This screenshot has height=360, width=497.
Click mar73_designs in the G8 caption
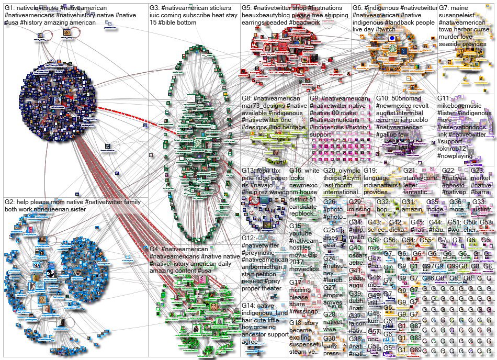click(x=266, y=106)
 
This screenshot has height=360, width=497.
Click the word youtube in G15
click(x=302, y=233)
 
